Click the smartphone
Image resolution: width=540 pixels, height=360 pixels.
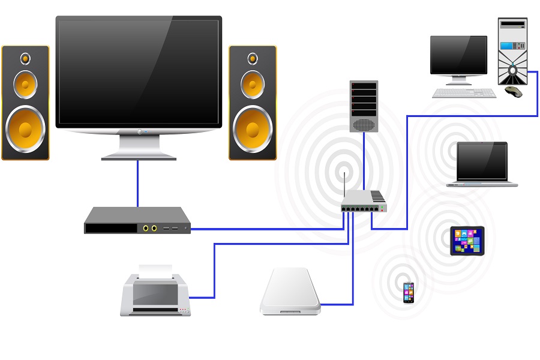coord(408,292)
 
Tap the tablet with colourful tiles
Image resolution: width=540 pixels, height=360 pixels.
coord(467,241)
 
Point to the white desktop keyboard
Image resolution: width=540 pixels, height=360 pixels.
coord(464,93)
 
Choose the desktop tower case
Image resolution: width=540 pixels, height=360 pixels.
coord(512,51)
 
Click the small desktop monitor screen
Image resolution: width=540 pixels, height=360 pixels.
coord(458,54)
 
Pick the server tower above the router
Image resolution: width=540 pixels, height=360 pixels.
coord(364,106)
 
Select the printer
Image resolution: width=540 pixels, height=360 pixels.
coord(155,294)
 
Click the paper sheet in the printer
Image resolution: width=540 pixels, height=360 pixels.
coord(155,271)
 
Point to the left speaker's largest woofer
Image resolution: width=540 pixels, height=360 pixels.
coord(26,129)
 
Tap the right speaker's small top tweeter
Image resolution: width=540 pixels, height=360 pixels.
coord(253,59)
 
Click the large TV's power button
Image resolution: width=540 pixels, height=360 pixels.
coord(139,131)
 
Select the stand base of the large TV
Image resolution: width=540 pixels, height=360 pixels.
coord(139,157)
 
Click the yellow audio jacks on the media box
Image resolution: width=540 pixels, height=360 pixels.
coord(150,228)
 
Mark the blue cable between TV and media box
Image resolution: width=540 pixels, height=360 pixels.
coord(138,183)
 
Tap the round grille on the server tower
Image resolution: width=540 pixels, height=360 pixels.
coord(364,124)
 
